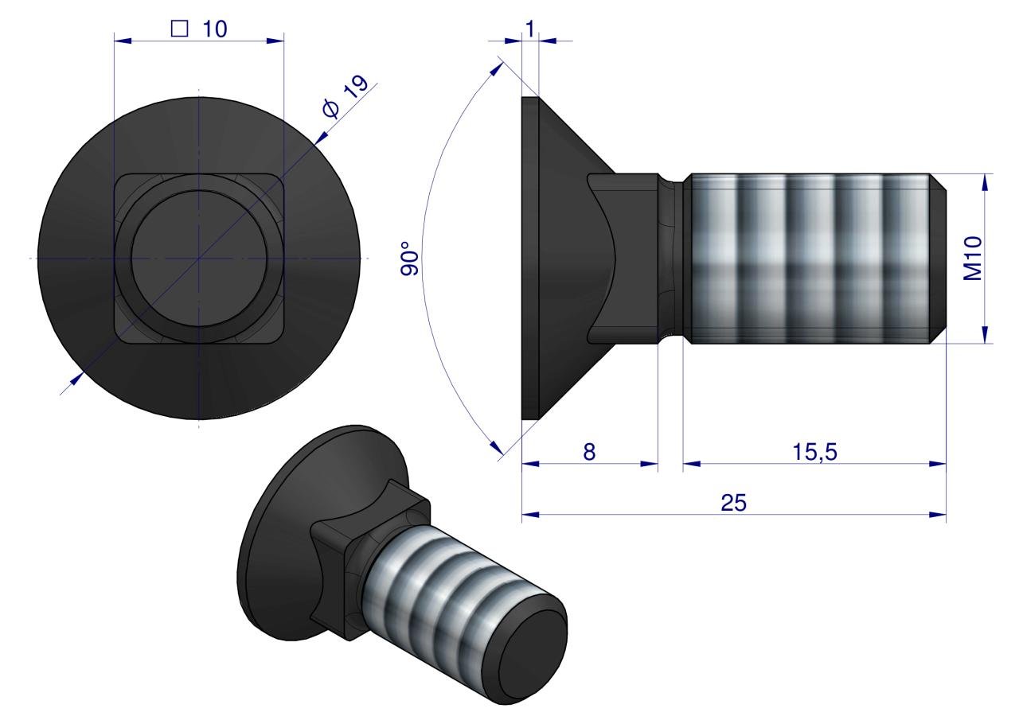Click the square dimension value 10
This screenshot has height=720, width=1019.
click(214, 29)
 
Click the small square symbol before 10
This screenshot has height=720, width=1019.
click(180, 29)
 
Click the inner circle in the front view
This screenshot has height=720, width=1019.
click(199, 259)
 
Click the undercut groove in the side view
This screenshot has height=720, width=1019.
click(674, 259)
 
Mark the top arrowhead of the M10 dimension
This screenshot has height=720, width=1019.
click(985, 181)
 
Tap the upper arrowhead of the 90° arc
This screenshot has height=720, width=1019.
click(498, 68)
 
